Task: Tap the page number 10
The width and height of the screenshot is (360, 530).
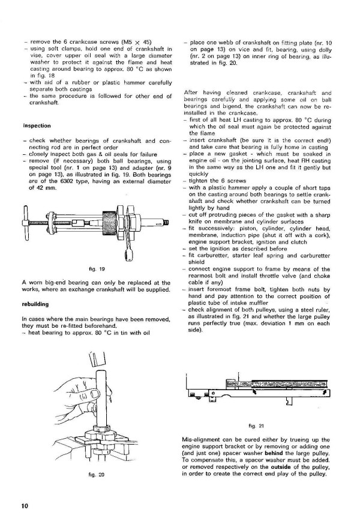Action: (x=25, y=505)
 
